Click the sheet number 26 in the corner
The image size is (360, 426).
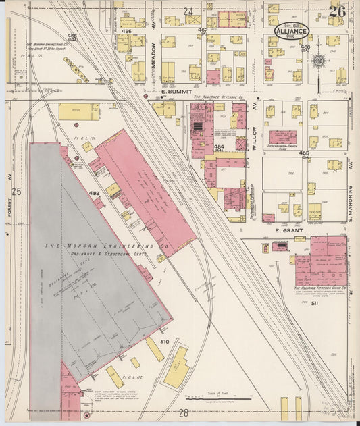[337, 11]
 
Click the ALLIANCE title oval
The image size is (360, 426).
[292, 31]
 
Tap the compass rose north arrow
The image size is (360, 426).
[317, 62]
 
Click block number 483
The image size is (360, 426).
[94, 193]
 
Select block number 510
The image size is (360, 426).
[163, 342]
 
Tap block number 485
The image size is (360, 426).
[303, 154]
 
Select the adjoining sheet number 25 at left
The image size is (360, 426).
[16, 192]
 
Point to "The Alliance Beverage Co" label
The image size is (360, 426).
[218, 97]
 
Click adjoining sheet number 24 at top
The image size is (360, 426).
[188, 11]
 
